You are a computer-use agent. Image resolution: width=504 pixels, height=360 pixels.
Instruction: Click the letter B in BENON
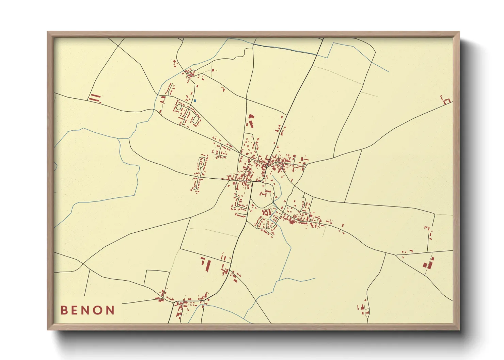click(x=64, y=310)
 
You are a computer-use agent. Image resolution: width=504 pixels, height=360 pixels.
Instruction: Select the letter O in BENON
click(x=98, y=310)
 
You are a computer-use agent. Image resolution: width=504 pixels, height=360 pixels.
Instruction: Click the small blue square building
click(x=195, y=100)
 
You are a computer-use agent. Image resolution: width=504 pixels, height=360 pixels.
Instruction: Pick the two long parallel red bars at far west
click(x=95, y=98)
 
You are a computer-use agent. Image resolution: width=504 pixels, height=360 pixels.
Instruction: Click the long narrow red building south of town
click(x=208, y=266)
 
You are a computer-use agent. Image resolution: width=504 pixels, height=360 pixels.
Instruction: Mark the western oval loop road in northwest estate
click(x=179, y=107)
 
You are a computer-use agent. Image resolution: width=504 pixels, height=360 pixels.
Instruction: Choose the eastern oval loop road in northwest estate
click(x=195, y=119)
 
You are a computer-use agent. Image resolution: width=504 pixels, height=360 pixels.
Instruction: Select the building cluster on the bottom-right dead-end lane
click(x=363, y=308)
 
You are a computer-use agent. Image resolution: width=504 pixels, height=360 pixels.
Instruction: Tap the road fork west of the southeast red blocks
click(x=396, y=255)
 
